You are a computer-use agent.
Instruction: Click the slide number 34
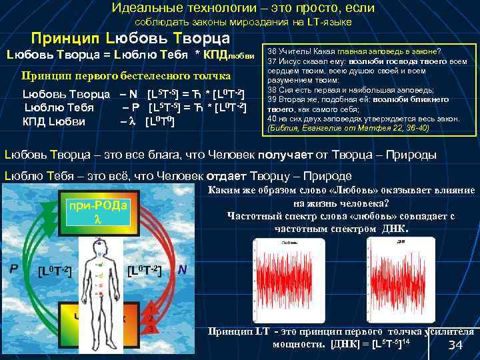(x=455, y=345)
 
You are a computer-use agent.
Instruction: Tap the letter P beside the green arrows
(x=13, y=269)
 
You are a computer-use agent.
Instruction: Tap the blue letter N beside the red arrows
(x=181, y=270)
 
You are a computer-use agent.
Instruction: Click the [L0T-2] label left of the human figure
(x=55, y=271)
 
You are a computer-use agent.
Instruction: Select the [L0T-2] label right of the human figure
(x=145, y=270)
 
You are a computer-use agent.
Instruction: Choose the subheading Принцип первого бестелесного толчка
(x=126, y=75)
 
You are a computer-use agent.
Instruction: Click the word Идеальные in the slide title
(x=140, y=8)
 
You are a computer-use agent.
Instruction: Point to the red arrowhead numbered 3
(x=152, y=329)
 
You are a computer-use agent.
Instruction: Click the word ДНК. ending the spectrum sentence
(x=395, y=228)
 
